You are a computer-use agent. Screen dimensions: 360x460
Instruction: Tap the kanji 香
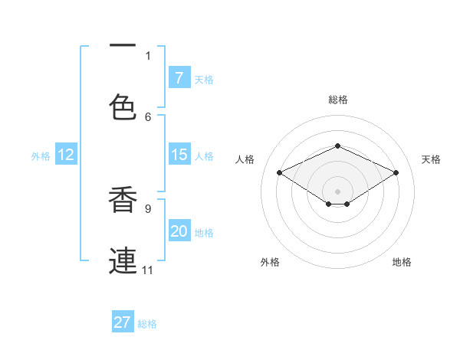[123, 198]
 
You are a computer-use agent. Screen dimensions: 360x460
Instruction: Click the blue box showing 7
[179, 78]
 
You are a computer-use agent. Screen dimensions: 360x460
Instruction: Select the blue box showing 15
[179, 155]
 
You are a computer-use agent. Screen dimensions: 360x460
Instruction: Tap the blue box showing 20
[179, 231]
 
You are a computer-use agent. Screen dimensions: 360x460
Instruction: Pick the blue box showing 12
[65, 155]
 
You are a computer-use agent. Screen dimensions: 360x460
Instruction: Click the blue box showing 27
[123, 322]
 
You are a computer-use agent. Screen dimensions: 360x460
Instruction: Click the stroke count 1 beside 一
[148, 55]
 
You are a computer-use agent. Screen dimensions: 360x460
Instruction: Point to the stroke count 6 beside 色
[148, 116]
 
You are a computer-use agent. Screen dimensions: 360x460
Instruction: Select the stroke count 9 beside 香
[148, 208]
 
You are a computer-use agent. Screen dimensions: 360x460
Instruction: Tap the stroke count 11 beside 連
[147, 270]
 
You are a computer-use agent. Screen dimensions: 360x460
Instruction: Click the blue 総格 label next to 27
[147, 324]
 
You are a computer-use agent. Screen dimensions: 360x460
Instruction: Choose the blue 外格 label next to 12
[41, 156]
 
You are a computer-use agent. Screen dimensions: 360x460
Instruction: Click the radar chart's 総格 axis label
[337, 100]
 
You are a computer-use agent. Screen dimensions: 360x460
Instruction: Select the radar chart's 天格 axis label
[431, 159]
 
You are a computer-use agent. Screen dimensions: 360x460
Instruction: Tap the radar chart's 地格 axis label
[402, 262]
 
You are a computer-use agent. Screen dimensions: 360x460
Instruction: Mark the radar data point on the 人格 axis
[280, 173]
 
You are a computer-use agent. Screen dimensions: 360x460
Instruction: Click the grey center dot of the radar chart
[337, 191]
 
